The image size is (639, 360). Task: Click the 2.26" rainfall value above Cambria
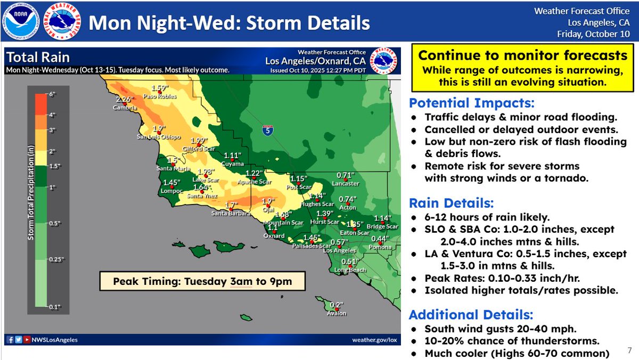coord(124,99)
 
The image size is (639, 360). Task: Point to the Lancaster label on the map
coord(346,184)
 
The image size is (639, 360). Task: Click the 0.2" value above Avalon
coord(336,305)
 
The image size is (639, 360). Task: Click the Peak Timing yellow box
coord(202,281)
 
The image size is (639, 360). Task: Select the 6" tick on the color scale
coord(52,95)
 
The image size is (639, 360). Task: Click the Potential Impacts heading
coord(472,103)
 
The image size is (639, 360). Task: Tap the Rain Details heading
coord(451,203)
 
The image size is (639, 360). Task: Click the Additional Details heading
coord(471,314)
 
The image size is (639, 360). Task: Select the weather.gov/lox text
coord(375,340)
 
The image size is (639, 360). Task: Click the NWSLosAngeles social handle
coord(55,340)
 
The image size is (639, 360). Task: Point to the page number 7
coord(629,350)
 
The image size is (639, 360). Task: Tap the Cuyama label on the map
coord(233,164)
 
